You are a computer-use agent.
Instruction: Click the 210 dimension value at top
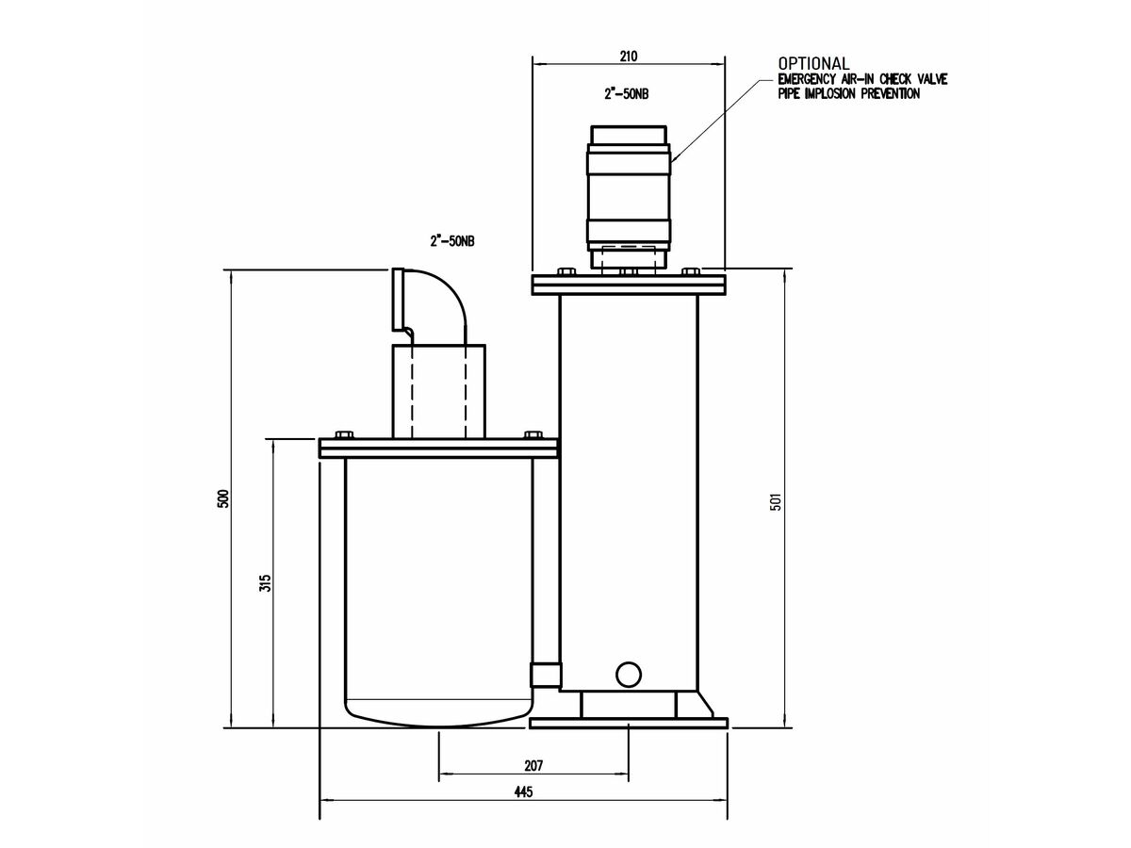[629, 57]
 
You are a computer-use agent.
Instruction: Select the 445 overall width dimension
[524, 792]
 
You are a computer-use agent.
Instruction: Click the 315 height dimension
[265, 582]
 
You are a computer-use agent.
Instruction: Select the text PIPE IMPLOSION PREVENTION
[848, 94]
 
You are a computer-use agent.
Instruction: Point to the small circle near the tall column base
[628, 673]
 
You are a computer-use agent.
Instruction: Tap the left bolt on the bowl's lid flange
[343, 435]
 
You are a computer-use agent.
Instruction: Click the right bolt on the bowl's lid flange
[533, 435]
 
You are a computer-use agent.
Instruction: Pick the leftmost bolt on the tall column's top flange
[566, 271]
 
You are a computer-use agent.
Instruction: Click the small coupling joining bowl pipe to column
[545, 675]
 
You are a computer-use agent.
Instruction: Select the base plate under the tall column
[630, 723]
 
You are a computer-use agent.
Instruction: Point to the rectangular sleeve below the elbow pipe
[438, 390]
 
